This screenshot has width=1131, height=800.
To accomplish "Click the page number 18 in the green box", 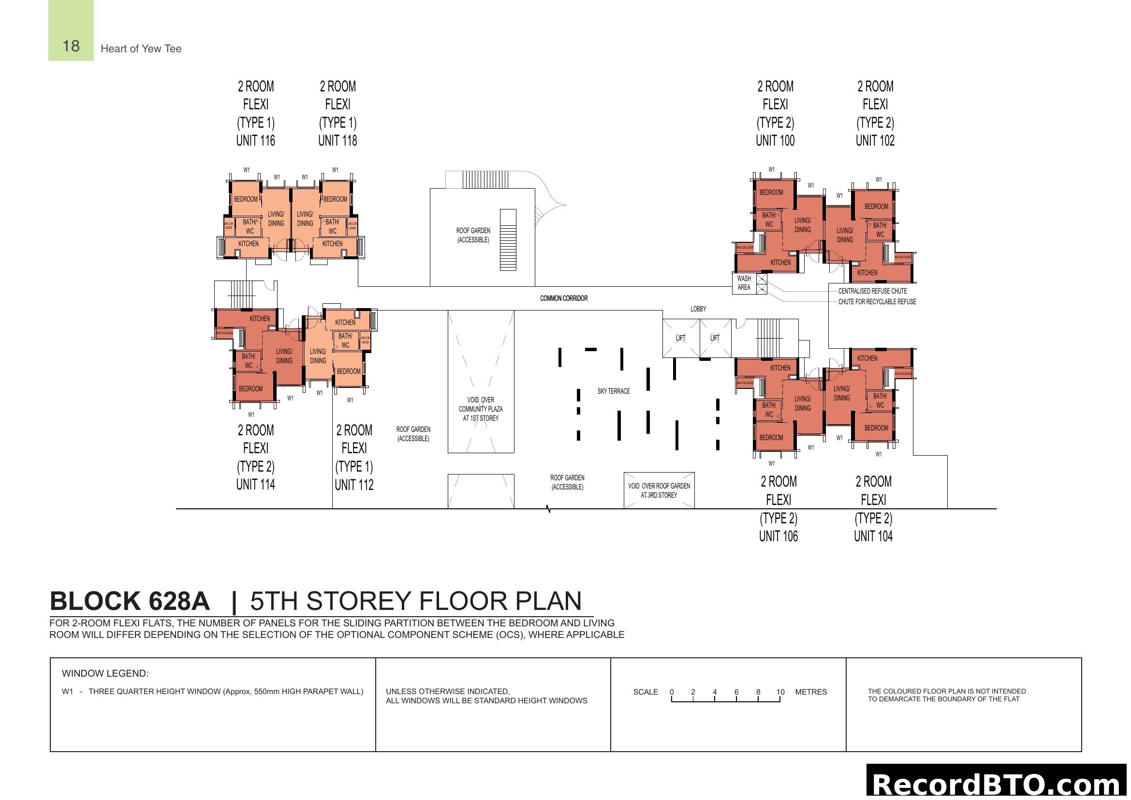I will click(71, 46).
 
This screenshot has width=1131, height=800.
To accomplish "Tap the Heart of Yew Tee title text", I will click(141, 48).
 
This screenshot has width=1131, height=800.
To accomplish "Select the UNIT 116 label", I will click(255, 141).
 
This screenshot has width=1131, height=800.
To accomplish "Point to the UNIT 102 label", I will click(875, 141).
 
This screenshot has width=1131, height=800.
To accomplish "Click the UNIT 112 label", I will click(353, 485).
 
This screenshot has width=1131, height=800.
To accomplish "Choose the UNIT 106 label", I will click(778, 536).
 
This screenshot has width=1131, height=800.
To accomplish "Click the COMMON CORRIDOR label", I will click(563, 298).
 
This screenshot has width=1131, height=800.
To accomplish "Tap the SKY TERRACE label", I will click(613, 391).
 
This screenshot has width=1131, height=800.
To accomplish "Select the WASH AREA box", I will click(744, 283).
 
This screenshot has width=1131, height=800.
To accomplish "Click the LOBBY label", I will click(698, 309).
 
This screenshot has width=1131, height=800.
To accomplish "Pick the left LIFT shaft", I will click(681, 338).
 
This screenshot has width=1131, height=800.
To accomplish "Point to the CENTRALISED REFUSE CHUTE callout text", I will click(872, 291).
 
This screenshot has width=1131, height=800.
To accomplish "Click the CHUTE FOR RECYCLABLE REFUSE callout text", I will click(877, 301).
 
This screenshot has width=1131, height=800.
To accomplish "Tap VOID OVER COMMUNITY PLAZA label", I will click(480, 409).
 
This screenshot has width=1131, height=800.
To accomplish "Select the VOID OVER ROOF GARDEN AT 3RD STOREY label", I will click(659, 490).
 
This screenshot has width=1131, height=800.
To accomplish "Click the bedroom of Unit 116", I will click(245, 199).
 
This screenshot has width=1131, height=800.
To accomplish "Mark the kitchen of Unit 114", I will click(260, 319).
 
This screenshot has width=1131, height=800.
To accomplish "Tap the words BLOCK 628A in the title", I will click(130, 601).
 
